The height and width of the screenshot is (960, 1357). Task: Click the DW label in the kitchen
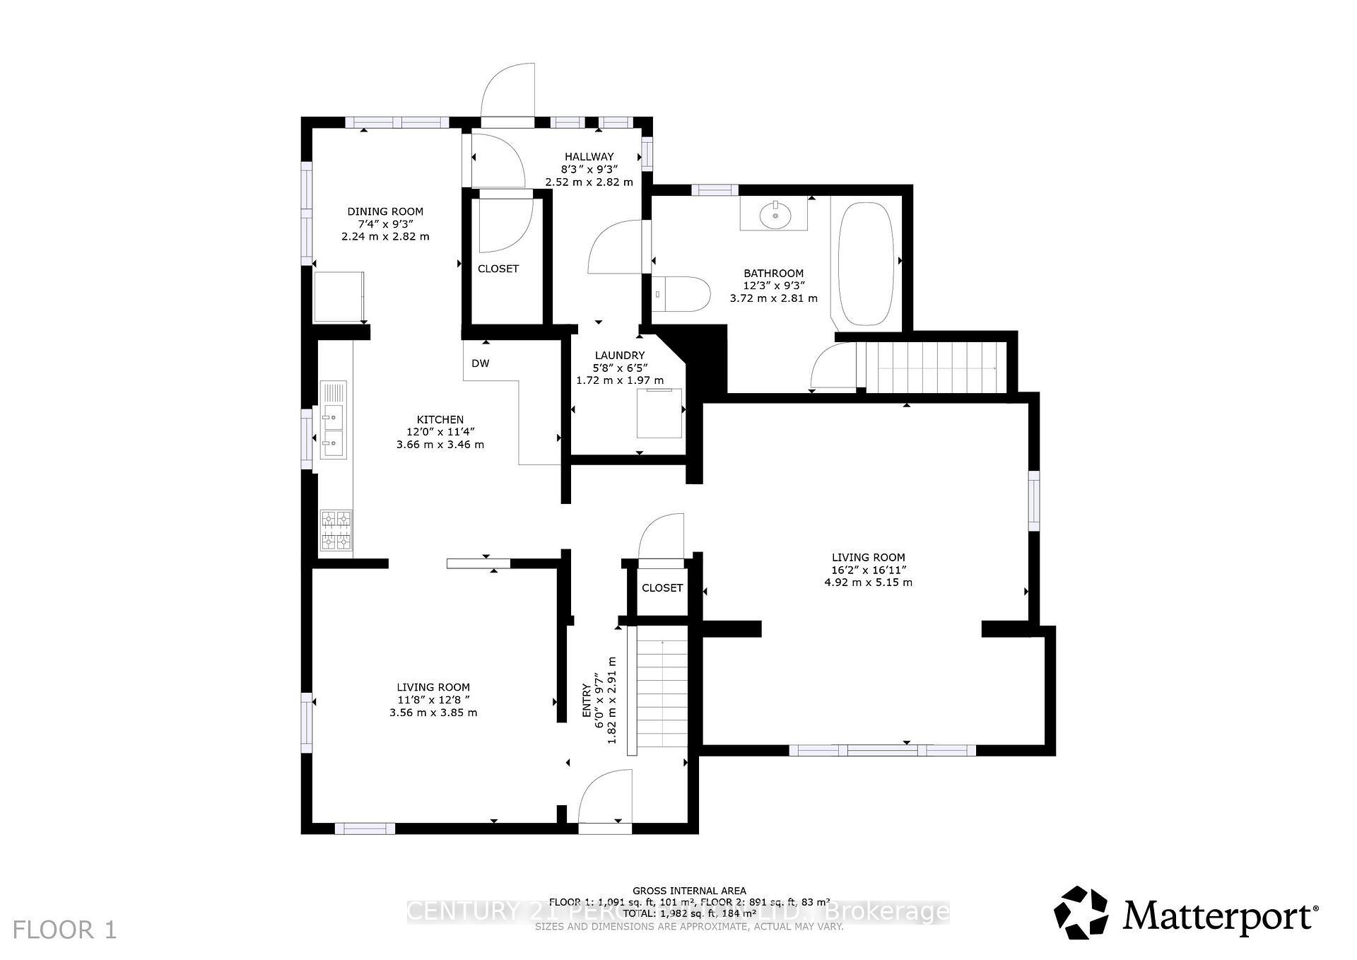[481, 363]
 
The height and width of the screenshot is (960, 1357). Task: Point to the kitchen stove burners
[336, 530]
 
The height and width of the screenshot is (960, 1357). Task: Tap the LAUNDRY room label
[620, 356]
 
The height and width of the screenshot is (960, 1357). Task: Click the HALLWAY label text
[589, 157]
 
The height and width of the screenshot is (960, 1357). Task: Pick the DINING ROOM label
[385, 211]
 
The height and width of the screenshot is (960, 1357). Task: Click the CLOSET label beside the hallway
[498, 269]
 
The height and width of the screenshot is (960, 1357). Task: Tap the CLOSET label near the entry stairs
[662, 588]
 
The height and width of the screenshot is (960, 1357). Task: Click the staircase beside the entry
[662, 693]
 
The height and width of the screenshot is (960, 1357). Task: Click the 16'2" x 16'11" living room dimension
[868, 570]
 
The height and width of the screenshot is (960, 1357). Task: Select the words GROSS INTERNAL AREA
[689, 891]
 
